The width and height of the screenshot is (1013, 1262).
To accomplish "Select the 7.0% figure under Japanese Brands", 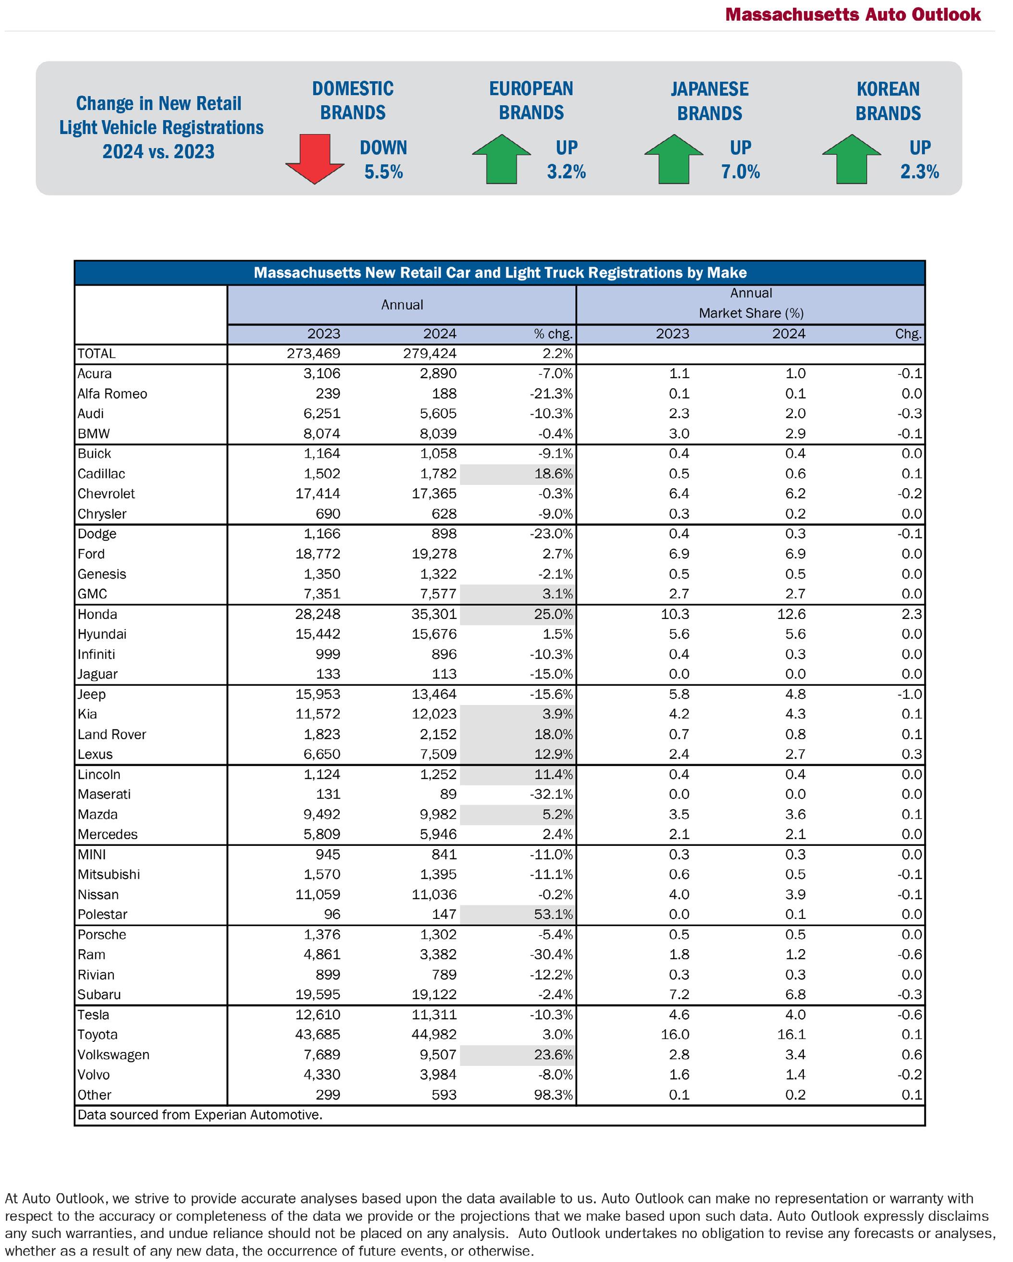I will coord(741,172).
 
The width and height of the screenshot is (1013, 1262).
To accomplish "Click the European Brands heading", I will coord(531,100).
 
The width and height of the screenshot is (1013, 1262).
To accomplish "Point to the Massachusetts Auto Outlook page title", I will coord(852,14).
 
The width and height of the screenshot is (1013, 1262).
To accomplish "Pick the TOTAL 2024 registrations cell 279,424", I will coord(430,354).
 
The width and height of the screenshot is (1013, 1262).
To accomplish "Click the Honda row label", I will coord(97,614).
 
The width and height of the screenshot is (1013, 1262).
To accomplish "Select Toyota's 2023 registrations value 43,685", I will coord(317,1034).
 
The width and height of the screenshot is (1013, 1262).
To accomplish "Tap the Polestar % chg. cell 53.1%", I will coord(553,915).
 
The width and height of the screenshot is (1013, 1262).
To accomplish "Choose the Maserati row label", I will coord(104,794).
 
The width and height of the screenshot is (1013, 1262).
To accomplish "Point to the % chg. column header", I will coord(553,334).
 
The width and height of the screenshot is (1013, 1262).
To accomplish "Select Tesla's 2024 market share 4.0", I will coord(795,1015).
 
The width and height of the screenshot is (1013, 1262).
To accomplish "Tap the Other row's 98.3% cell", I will coord(553,1095).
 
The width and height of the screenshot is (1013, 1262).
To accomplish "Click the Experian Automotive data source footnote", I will coord(199,1114).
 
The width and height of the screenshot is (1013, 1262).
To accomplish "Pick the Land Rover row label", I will coord(112,734).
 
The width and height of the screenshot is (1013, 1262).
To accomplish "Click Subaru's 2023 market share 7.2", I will coord(679,994).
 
